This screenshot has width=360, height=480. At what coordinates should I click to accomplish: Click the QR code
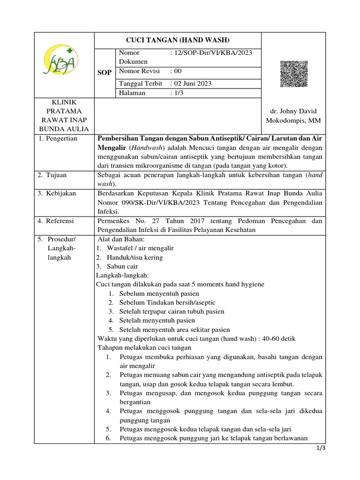294,74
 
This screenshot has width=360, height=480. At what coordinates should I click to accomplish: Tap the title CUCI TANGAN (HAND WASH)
177,40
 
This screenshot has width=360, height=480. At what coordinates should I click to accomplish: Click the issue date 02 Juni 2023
193,83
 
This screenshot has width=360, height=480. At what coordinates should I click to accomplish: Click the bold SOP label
105,73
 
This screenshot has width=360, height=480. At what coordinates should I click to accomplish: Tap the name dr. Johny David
291,111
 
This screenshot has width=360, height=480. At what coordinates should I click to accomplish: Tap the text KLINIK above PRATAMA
66,102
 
